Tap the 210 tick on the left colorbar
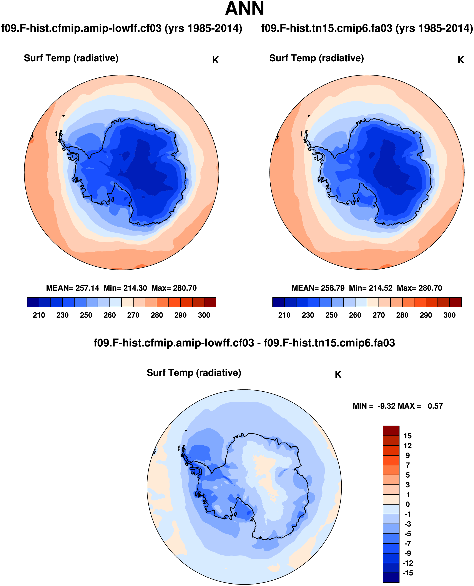(x=39, y=315)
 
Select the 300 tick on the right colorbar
(x=449, y=315)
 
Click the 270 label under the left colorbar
(x=133, y=315)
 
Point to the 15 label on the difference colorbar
(x=407, y=436)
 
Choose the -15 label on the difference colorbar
(x=407, y=573)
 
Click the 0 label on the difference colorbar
(x=407, y=504)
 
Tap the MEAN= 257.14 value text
(x=73, y=288)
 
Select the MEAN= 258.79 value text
(x=318, y=288)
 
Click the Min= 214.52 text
(x=371, y=288)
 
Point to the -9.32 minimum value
(x=386, y=406)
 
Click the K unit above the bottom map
(x=338, y=375)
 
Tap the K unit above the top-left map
(x=215, y=60)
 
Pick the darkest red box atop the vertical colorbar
(x=391, y=431)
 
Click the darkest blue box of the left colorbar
(x=33, y=302)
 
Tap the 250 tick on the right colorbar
(x=331, y=315)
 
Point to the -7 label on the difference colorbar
(x=407, y=543)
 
